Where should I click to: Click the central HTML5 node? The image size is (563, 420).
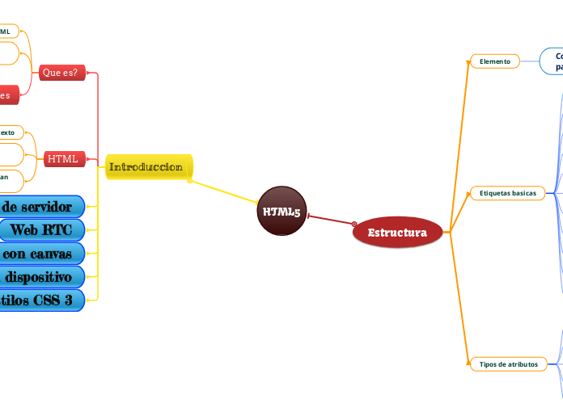point(281,212)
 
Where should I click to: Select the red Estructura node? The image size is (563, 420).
point(397,233)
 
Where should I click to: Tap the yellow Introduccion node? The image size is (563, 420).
point(146,166)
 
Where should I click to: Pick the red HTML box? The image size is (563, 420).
point(63,158)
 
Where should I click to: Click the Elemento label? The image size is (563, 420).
point(495,61)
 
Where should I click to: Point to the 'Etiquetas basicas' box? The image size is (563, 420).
point(507,193)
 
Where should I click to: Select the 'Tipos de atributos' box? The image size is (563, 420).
point(508,364)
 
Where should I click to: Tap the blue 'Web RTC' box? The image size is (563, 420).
point(41,230)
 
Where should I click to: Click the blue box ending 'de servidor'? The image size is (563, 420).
point(41,207)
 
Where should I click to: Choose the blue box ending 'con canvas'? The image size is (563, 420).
point(41,254)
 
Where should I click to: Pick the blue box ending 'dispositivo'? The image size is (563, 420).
point(41,277)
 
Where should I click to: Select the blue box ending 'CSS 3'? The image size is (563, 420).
point(41,300)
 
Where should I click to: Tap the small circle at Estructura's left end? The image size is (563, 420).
point(354,224)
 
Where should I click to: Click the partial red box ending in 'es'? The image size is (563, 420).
point(9,94)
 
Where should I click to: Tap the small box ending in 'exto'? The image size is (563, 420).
point(11,132)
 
